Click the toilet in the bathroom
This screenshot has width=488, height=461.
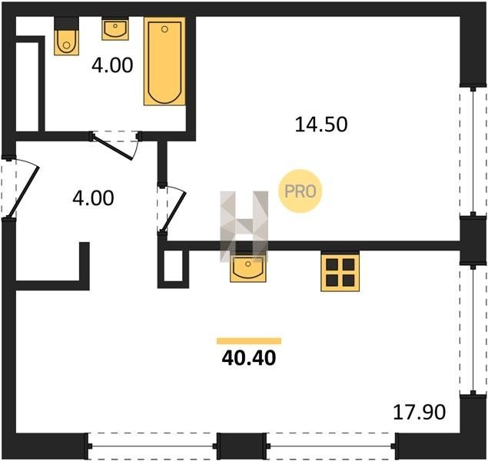[66, 42]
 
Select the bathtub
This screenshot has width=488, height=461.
[164, 61]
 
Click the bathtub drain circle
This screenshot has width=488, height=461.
[164, 29]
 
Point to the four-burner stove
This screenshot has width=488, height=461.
[340, 273]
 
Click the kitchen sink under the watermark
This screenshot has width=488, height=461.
[248, 268]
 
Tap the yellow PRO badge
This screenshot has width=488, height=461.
[300, 191]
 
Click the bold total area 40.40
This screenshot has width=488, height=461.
[249, 358]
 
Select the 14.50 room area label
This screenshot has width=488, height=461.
[321, 124]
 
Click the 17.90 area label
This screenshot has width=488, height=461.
[420, 412]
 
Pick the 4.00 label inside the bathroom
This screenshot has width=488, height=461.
[112, 65]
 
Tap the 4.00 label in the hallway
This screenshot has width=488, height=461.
[93, 198]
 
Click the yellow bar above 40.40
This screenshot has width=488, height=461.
[249, 341]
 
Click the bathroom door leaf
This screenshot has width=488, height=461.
[113, 148]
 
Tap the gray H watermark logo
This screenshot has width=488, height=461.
[244, 226]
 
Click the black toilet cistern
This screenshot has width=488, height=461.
[66, 23]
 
